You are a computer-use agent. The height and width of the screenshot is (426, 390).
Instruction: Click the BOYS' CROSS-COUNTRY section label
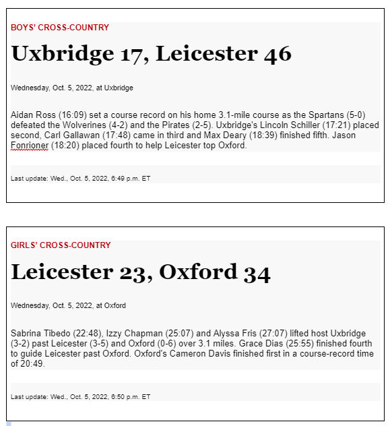[x=59, y=28]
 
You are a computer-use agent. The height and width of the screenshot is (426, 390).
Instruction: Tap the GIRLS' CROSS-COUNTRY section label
[x=61, y=245]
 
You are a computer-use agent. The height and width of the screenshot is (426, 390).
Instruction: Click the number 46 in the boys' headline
[x=278, y=54]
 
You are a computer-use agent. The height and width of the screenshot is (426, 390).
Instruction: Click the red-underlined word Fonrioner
[x=29, y=146]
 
